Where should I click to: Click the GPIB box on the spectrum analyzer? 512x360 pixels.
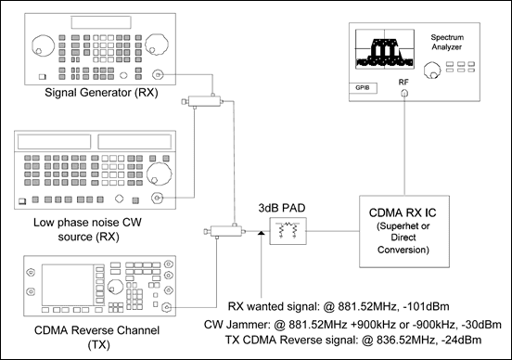[x=363, y=88]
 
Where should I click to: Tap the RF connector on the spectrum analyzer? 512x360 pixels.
[x=404, y=94]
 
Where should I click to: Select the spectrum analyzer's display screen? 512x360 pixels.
[x=385, y=49]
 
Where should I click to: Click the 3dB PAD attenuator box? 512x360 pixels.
[x=288, y=231]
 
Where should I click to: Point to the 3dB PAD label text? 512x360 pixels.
[x=282, y=208]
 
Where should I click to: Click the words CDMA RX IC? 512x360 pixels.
[x=403, y=212]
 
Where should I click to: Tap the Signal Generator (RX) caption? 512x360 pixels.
[x=101, y=93]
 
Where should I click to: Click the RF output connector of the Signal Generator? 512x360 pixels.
[x=158, y=75]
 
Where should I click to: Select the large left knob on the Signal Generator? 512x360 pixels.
[x=43, y=45]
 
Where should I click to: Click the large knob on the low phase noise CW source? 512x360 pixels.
[x=159, y=174]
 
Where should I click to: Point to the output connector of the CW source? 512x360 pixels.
[x=157, y=198]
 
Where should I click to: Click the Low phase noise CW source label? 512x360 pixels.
[x=87, y=229]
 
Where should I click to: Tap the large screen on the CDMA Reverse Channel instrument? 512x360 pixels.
[x=68, y=285]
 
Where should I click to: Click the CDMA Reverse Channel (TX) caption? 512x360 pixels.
[x=97, y=337]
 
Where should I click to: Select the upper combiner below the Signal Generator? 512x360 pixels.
[x=202, y=101]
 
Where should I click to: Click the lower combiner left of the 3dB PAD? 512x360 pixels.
[x=224, y=231]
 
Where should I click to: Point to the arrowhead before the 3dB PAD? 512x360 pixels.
[x=261, y=233]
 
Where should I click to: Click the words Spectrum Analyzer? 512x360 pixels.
[x=447, y=42]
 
